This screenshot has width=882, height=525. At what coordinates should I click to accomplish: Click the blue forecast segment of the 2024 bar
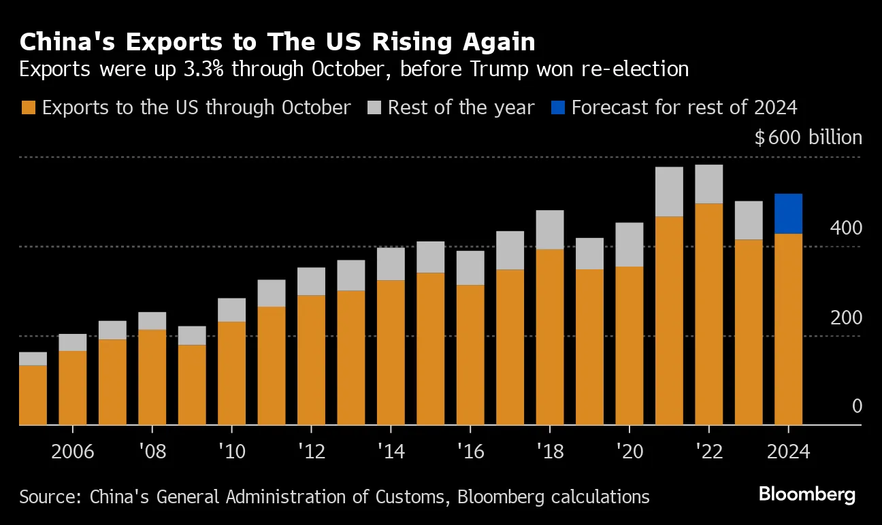[788, 214]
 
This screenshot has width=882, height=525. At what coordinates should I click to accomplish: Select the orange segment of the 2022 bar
[709, 314]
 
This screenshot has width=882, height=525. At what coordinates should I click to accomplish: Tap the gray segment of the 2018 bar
[550, 229]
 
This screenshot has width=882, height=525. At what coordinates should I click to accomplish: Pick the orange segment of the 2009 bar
[192, 384]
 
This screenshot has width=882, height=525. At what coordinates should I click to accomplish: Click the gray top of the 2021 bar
[669, 192]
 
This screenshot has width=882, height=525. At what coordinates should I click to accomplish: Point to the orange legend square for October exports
[28, 107]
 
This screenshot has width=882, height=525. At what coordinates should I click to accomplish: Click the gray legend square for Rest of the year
[374, 107]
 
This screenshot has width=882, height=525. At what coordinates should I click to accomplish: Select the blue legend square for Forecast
[558, 107]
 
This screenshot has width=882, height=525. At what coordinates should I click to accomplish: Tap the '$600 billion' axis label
[808, 137]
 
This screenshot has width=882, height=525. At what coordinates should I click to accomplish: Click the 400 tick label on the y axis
[845, 228]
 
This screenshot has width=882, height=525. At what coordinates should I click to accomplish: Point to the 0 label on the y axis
[856, 407]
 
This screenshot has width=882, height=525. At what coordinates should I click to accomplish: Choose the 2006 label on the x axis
[72, 451]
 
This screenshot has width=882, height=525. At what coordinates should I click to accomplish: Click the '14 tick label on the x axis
[390, 451]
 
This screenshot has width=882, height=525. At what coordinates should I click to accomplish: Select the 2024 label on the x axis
[788, 451]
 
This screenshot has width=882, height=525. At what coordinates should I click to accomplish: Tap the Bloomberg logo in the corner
[807, 494]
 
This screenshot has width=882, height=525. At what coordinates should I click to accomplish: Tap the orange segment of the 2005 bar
[33, 394]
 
